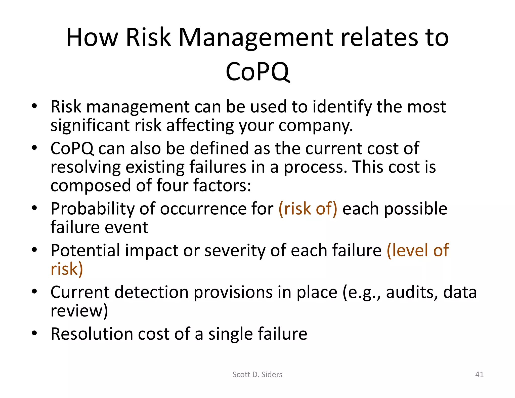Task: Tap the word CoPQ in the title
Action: pos(257,72)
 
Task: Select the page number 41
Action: pos(479,374)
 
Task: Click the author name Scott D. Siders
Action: pos(257,374)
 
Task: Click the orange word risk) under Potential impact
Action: pos(67,269)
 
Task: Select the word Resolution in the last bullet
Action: pos(92,334)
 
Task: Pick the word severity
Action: pos(235,251)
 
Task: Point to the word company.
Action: pos(316,125)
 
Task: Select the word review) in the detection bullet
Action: pos(79,311)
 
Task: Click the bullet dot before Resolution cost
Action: pos(34,333)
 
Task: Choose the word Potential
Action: pos(85,251)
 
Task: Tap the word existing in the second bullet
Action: pos(155,167)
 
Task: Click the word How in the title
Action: pos(92,38)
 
